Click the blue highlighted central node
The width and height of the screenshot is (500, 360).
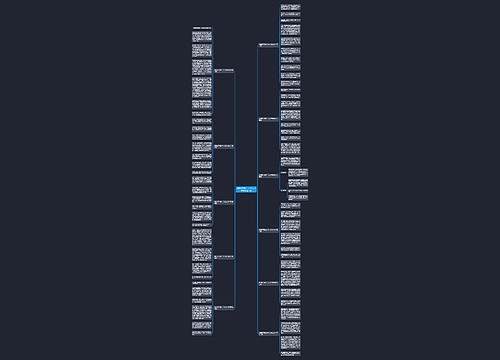[247, 191]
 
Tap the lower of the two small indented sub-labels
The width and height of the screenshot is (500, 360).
[286, 190]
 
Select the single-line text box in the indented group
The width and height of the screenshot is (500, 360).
[298, 190]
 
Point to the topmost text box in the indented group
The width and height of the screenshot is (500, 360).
[298, 172]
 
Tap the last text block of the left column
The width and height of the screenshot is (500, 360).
[202, 325]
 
